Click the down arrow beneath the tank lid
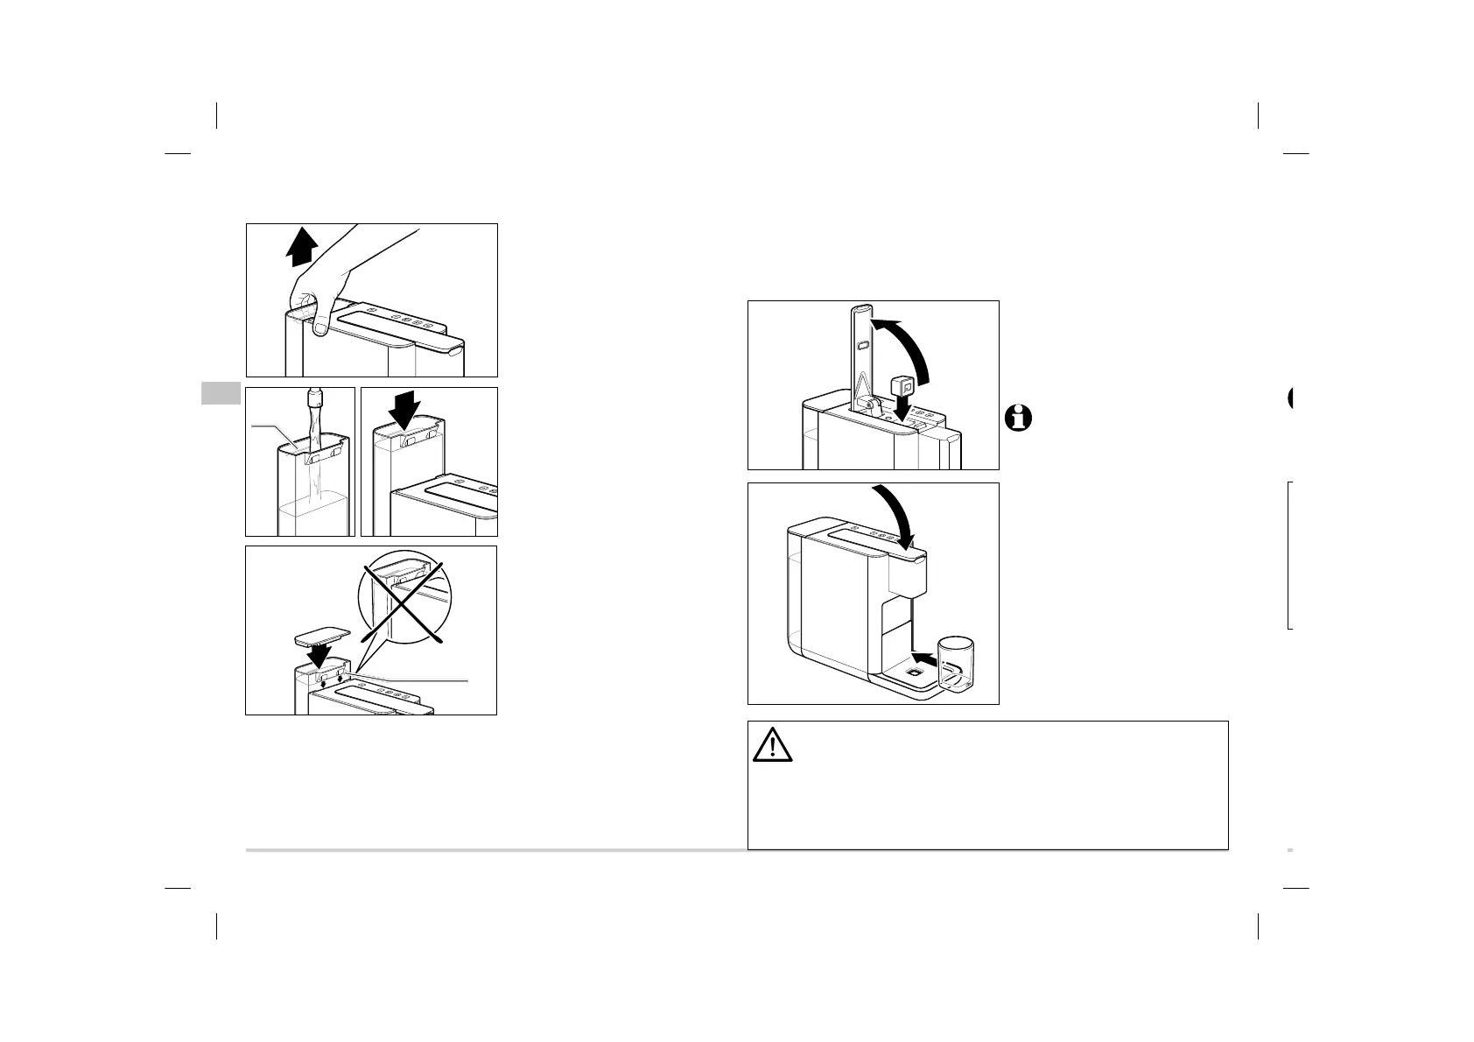316,656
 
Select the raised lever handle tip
861,309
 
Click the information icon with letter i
1018,418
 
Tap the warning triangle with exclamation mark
772,745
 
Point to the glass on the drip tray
954,665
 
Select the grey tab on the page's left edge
221,393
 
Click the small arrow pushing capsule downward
902,407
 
